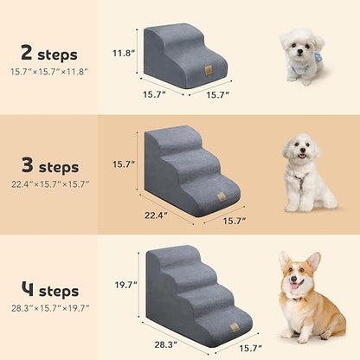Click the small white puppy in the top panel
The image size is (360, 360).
[302, 56]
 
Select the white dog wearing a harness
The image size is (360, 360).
[307, 172]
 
